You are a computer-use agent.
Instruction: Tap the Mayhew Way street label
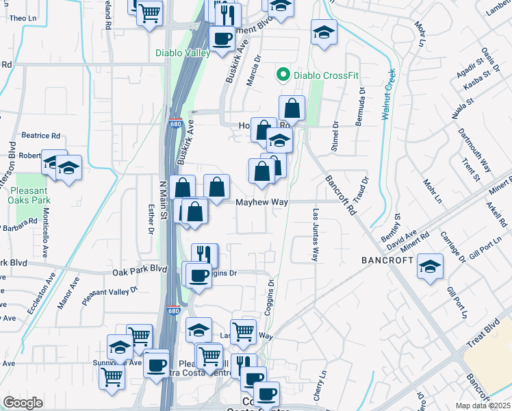262,203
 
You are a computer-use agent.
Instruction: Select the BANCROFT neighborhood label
387,261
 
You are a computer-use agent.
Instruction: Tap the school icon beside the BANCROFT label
430,268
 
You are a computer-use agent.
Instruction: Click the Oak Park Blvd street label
140,272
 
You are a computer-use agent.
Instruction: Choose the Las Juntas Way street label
316,235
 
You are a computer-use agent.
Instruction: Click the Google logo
23,403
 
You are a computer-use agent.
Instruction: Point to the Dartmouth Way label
475,150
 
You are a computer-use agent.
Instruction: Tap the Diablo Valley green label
183,52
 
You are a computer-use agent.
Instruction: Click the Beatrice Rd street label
41,136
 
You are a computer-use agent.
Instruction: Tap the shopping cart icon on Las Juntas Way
243,332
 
